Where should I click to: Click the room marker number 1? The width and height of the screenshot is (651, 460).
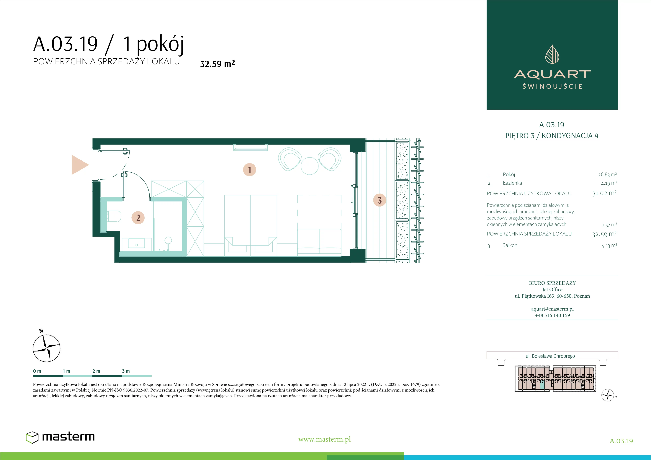point(250,170)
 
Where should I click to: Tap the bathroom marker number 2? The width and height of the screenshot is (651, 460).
point(138,218)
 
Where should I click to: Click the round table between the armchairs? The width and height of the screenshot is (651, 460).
point(310,166)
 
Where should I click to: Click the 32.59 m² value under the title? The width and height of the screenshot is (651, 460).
point(217,63)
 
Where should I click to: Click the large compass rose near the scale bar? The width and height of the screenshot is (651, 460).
point(47,348)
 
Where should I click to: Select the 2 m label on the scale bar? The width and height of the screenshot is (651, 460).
point(96,371)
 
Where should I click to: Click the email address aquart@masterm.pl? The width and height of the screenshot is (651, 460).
point(552,309)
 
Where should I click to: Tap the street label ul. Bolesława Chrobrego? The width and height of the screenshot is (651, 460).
point(550,356)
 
